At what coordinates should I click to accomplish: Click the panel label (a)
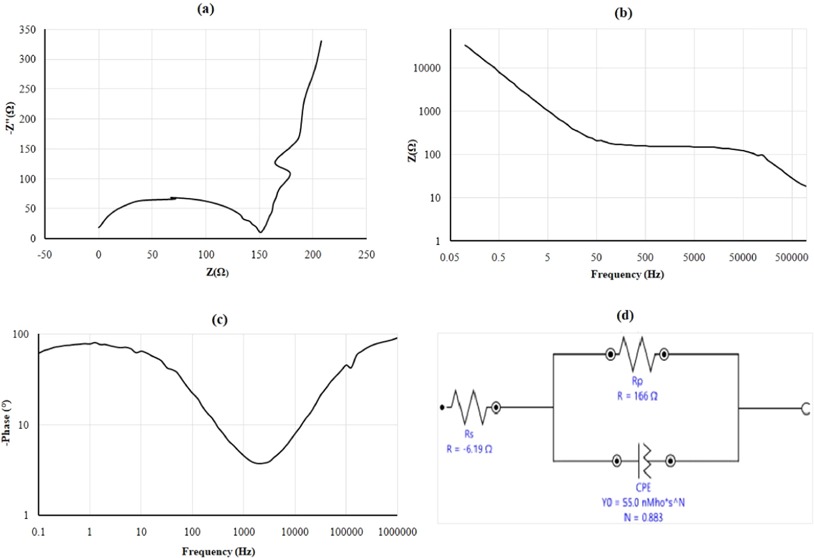click(x=206, y=9)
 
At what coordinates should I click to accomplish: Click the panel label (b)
click(x=623, y=13)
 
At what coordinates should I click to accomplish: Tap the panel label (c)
click(x=219, y=320)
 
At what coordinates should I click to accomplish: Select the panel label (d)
click(x=625, y=316)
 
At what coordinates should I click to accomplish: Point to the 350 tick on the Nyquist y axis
click(x=28, y=30)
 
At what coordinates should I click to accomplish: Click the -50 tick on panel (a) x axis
click(x=45, y=255)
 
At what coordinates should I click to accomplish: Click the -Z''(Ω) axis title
click(x=11, y=118)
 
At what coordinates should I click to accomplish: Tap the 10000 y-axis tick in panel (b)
click(x=427, y=68)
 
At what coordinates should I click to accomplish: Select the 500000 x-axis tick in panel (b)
click(x=792, y=258)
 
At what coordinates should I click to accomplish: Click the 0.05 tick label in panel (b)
click(x=449, y=258)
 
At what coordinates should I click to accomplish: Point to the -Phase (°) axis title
click(x=6, y=423)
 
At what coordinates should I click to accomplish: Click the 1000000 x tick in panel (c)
click(x=397, y=532)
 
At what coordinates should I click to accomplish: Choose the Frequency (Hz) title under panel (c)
click(x=218, y=552)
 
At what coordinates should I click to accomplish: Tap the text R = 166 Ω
click(x=637, y=396)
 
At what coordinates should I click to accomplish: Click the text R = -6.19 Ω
click(x=469, y=449)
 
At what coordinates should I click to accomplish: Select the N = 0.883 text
click(x=643, y=517)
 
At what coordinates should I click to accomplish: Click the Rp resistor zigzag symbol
click(x=637, y=354)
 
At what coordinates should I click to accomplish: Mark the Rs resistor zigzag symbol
click(x=469, y=407)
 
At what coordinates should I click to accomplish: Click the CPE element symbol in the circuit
click(x=643, y=461)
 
